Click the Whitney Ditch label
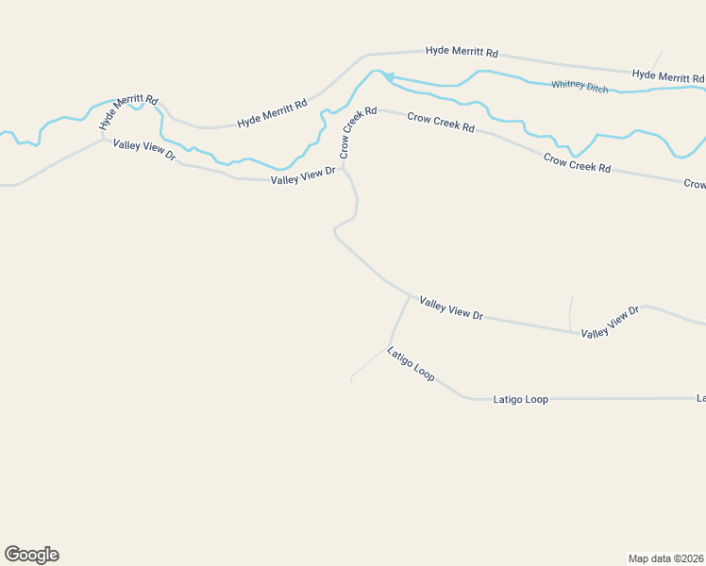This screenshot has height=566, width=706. click(x=580, y=86)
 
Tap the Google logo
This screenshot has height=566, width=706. click(x=31, y=555)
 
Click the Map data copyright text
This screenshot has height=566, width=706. click(x=665, y=558)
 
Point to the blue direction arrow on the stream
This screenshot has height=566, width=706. click(x=388, y=77)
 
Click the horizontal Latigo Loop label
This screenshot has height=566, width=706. click(x=521, y=400)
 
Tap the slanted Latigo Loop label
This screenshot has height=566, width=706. click(x=411, y=363)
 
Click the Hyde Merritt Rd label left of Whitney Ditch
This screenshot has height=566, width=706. click(x=272, y=113)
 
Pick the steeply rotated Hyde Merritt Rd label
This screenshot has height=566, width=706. click(x=128, y=110)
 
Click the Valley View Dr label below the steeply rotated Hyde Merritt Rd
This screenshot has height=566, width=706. click(x=144, y=149)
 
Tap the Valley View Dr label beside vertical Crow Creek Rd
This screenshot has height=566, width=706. click(x=303, y=177)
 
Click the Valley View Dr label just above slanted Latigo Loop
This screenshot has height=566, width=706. click(x=451, y=308)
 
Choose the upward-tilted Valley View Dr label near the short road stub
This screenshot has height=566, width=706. click(x=611, y=322)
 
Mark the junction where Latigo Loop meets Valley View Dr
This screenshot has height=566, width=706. click(x=410, y=296)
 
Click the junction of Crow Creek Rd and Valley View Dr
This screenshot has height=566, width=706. click(x=344, y=168)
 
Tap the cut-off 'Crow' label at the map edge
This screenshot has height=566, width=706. click(x=695, y=185)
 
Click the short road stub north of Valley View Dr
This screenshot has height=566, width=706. click(x=571, y=311)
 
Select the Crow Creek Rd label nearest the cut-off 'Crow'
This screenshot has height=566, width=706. click(x=578, y=162)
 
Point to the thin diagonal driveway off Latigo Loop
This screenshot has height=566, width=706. click(x=369, y=364)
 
